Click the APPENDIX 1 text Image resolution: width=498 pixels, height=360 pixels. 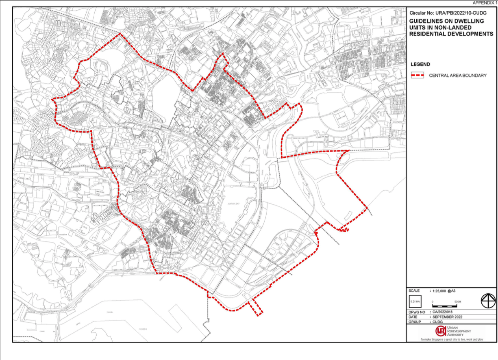485,3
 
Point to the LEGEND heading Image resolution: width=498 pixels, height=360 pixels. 420,64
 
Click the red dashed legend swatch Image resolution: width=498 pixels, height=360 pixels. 417,75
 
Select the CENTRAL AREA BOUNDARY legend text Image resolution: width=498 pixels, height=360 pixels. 457,75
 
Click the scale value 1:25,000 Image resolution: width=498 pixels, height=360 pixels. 439,291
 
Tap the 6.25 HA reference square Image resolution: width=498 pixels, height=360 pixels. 415,302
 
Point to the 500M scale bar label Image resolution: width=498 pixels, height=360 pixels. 457,302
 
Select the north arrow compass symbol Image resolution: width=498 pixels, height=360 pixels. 488,301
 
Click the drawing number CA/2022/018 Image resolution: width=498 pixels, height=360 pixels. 442,312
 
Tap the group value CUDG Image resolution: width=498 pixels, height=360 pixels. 437,322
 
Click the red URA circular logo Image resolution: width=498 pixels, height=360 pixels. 441,331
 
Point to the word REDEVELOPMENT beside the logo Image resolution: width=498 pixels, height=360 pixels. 459,331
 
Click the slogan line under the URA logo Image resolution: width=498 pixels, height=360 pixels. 452,339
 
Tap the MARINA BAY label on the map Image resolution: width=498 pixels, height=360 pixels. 233,204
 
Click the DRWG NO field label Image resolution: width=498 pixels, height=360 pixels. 417,312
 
